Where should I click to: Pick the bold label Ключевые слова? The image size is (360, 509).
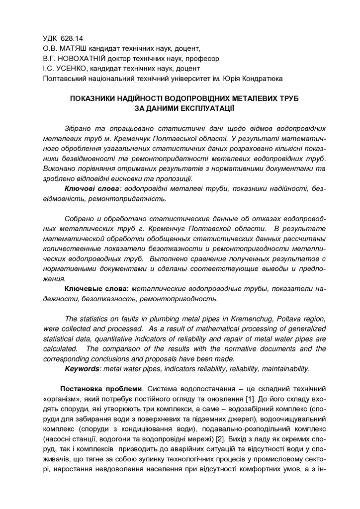[x=97, y=289]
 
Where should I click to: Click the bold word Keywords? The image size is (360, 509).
[x=82, y=369]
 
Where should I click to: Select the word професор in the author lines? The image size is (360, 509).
[x=205, y=58]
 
